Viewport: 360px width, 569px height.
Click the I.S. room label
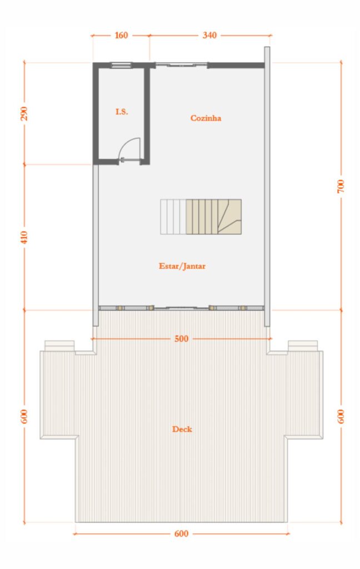(122, 112)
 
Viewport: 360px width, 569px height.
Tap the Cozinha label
(206, 118)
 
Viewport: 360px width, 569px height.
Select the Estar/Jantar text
(182, 266)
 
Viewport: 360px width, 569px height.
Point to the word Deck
(182, 429)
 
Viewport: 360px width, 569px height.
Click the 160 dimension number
(121, 36)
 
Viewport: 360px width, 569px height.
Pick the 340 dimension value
(209, 36)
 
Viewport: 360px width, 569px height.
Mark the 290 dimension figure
(24, 113)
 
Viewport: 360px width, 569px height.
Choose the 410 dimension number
(24, 237)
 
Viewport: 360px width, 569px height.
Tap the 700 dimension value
(341, 186)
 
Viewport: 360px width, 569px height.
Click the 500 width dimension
(182, 338)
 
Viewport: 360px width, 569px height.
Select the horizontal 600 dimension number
(182, 534)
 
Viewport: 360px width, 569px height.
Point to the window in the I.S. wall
(122, 66)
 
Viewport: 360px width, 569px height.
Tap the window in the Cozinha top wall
(181, 65)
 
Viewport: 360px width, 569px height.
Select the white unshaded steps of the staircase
(173, 217)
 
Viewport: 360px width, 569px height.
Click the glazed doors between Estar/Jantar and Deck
(181, 307)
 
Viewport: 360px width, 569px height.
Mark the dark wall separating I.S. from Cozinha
(147, 114)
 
